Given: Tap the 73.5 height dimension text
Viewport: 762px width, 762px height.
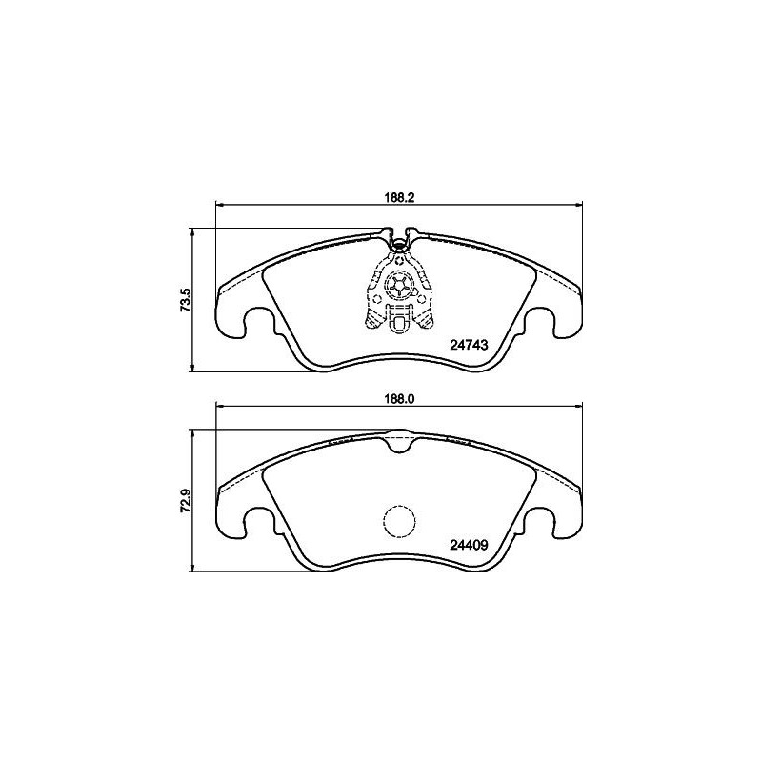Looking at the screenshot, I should coord(187,300).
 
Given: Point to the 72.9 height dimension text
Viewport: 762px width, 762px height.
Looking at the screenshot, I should coord(187,498).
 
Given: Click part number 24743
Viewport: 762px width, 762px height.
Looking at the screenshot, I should coord(469,348).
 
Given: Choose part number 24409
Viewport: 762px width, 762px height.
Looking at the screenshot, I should coord(469,546).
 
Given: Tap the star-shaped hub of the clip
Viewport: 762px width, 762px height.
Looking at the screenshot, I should coord(399,283).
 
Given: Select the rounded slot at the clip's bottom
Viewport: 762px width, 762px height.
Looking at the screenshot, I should coord(399,327).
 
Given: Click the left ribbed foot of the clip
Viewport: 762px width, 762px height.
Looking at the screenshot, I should coord(374,319).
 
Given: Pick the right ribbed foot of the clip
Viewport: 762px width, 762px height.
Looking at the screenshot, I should coord(425,319).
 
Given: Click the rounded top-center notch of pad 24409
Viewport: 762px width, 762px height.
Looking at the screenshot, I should coord(399,440).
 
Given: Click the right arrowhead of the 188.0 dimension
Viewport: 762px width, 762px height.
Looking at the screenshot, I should coord(577,407).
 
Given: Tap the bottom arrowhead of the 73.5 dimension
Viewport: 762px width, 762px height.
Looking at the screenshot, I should coord(193,369).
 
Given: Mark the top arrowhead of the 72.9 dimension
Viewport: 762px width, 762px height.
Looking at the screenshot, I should coord(193,432).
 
